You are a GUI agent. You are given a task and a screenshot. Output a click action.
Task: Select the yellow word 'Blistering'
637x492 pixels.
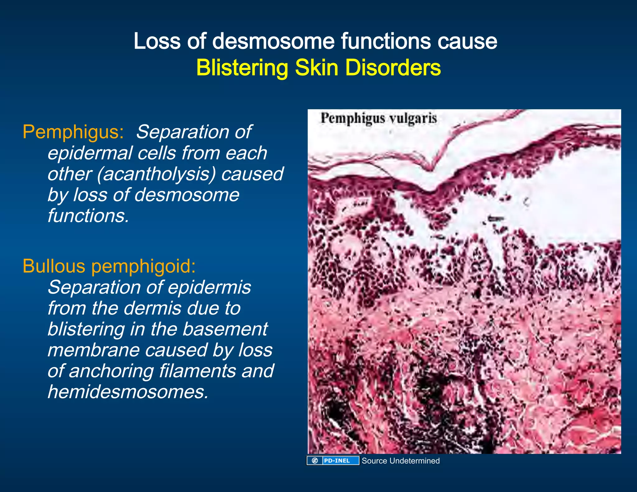[x=242, y=68]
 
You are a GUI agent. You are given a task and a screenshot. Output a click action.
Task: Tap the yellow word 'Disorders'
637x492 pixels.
[x=393, y=68]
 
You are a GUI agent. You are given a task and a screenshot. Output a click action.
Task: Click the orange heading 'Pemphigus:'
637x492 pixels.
[x=73, y=132]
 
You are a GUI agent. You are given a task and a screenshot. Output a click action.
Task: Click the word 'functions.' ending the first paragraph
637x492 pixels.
[x=88, y=216]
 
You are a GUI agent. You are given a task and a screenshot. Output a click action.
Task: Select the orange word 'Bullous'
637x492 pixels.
[x=54, y=266]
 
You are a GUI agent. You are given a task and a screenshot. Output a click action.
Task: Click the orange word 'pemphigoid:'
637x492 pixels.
[x=144, y=267]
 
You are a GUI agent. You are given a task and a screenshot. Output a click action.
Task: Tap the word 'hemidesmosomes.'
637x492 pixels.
[x=128, y=392]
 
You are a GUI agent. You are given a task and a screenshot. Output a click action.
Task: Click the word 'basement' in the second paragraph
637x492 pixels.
[x=225, y=329]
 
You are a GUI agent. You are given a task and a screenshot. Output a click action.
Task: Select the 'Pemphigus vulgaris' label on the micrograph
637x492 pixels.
[x=379, y=118]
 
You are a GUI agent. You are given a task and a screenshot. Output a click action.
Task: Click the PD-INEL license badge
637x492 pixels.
[x=333, y=461]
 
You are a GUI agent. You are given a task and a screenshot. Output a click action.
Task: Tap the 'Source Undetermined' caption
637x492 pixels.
[x=401, y=461]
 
